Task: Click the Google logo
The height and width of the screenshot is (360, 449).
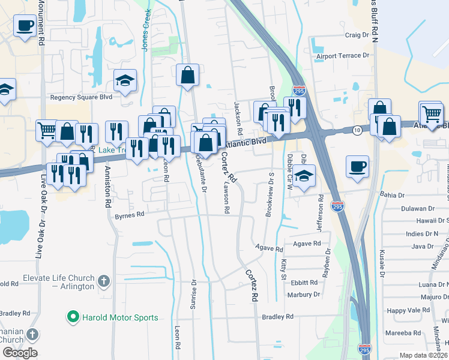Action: click(x=20, y=353)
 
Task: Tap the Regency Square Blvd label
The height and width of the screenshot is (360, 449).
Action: click(x=81, y=97)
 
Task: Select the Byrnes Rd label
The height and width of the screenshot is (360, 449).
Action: click(x=130, y=214)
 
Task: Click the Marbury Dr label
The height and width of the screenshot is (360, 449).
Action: click(x=303, y=295)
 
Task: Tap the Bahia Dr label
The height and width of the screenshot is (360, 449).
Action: click(x=394, y=194)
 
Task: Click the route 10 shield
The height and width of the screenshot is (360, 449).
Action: click(x=357, y=130)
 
